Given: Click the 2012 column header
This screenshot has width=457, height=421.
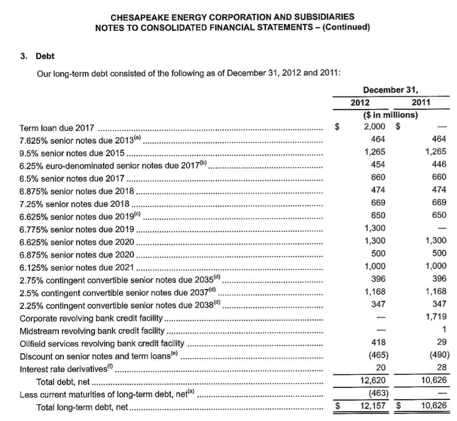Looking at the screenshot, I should tap(360, 102).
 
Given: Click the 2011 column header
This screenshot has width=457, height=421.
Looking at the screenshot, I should tap(421, 102).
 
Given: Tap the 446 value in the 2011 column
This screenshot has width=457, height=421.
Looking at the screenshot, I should tap(439, 164).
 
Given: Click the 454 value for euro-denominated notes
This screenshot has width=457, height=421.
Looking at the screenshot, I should tap(378, 164).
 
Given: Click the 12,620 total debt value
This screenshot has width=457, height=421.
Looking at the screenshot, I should tap(374, 381).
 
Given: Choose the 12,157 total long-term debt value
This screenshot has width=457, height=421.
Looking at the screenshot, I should tap(374, 406).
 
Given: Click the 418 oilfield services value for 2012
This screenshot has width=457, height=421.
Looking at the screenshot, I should tap(378, 343).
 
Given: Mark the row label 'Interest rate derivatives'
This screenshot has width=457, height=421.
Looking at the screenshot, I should tap(64, 369).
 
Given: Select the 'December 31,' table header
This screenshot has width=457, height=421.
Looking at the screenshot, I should tap(391, 89).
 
